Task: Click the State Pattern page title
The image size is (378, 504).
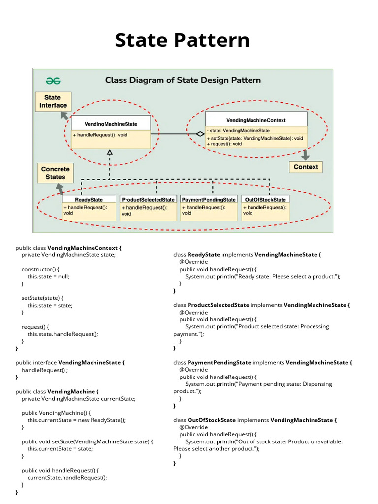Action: tap(182, 40)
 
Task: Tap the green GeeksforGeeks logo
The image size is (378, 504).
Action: tap(53, 80)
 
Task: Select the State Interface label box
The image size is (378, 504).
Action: tap(53, 101)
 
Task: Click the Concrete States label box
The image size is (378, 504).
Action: tap(55, 173)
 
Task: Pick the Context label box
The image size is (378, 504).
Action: tap(306, 167)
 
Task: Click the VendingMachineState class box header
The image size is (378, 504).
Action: tap(111, 124)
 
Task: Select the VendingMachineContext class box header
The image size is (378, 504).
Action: tap(255, 120)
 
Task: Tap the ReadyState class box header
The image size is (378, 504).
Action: tap(89, 200)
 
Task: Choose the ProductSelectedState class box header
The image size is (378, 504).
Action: tap(148, 200)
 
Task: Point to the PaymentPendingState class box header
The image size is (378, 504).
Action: tap(208, 200)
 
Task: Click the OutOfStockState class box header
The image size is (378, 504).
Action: tap(265, 200)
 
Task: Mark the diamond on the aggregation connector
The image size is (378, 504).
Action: tap(199, 134)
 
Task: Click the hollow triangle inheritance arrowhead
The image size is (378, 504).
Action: tap(110, 153)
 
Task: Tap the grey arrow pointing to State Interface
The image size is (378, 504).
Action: tap(64, 116)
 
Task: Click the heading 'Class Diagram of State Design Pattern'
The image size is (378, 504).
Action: tap(183, 80)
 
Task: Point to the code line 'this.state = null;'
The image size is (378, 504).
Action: tap(48, 277)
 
